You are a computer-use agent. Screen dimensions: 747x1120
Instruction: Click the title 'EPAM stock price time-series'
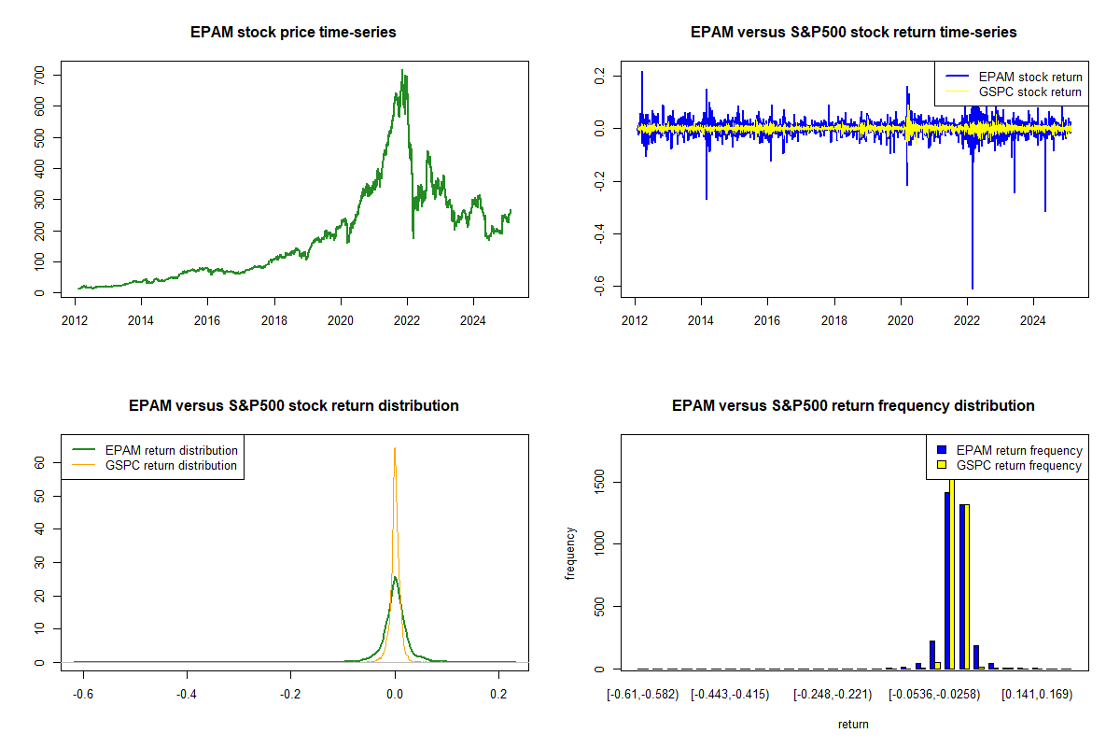(293, 33)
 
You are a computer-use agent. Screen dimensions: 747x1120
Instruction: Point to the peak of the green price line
(402, 70)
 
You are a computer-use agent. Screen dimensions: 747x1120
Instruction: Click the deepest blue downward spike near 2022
(973, 288)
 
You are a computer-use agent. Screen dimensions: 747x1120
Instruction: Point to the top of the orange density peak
(395, 448)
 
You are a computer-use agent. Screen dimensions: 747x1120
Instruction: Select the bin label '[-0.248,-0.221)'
(833, 695)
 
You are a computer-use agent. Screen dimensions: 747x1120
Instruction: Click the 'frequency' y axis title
(569, 554)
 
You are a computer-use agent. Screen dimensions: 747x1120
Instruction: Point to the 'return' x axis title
(853, 724)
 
